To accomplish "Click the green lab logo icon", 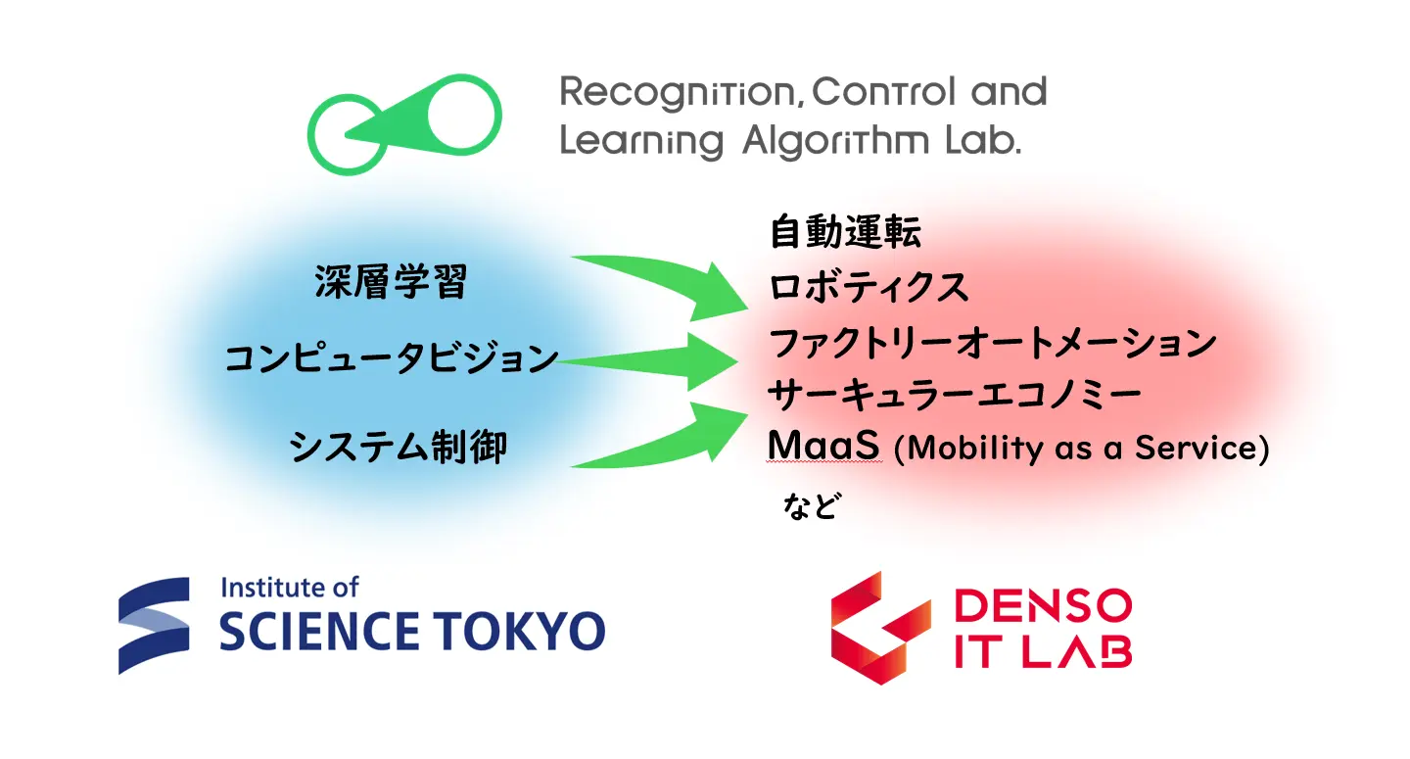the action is pyautogui.click(x=403, y=124).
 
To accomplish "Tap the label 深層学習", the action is pyautogui.click(x=391, y=281).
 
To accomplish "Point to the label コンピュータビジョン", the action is pyautogui.click(x=391, y=358).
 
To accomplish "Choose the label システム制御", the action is pyautogui.click(x=398, y=447).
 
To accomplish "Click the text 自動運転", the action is pyautogui.click(x=845, y=231).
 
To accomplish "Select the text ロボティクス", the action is pyautogui.click(x=869, y=288).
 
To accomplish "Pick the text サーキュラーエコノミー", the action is pyautogui.click(x=955, y=395).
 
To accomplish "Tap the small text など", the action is pyautogui.click(x=811, y=505).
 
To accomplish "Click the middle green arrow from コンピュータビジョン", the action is pyautogui.click(x=648, y=361).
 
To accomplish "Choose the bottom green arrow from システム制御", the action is pyautogui.click(x=673, y=440).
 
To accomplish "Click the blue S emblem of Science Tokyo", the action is pyautogui.click(x=154, y=625).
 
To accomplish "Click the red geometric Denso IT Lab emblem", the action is pyautogui.click(x=880, y=628).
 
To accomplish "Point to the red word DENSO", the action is pyautogui.click(x=1043, y=605).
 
